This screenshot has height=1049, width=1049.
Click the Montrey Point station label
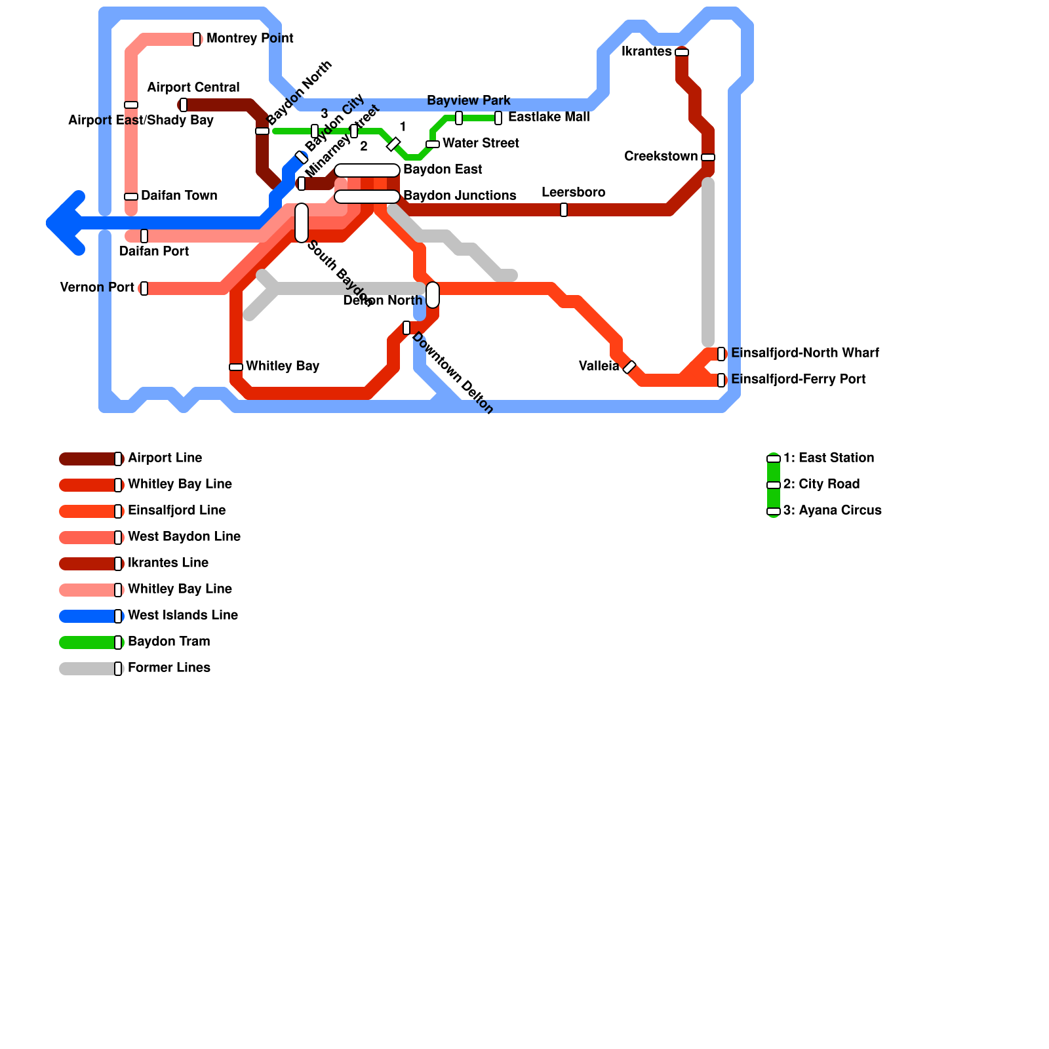point(250,39)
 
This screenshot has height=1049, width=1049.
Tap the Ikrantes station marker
point(682,52)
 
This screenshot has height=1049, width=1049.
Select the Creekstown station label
point(661,157)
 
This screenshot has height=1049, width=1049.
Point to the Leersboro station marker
point(564,210)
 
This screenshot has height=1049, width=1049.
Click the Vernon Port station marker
point(144,288)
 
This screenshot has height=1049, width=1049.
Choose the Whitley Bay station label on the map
point(283,366)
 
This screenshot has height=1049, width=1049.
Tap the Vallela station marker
point(629,367)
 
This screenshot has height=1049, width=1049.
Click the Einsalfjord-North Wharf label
point(805,353)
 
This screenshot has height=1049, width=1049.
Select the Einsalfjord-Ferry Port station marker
point(721,380)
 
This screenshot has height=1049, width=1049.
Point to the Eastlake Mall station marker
point(498,118)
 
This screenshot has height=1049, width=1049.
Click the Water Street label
point(481,144)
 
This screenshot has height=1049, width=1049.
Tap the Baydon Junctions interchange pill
point(367,197)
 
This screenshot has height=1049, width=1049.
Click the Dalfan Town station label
point(179,196)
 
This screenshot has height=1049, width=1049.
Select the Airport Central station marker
point(184,105)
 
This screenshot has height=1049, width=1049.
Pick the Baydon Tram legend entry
point(168,642)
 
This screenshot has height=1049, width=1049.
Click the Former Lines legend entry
point(168,668)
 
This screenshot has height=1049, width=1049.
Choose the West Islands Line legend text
point(183,616)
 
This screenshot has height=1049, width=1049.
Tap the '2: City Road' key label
point(821,485)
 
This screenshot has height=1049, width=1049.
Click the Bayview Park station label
point(469,101)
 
